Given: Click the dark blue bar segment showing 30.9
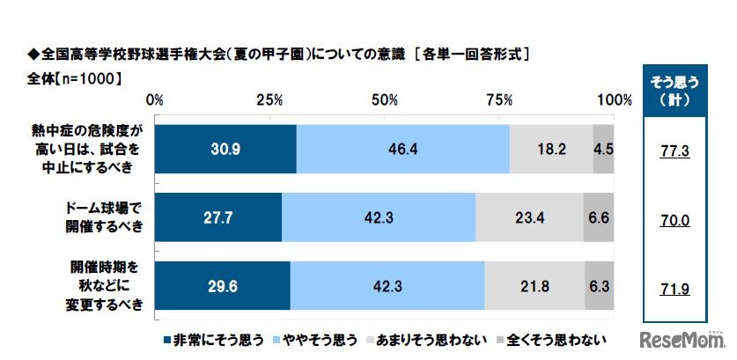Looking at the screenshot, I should pos(226,149).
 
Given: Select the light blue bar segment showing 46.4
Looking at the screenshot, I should pos(402,149).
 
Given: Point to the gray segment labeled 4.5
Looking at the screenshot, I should pos(603,149).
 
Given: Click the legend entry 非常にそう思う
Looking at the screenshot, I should pos(212,338).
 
